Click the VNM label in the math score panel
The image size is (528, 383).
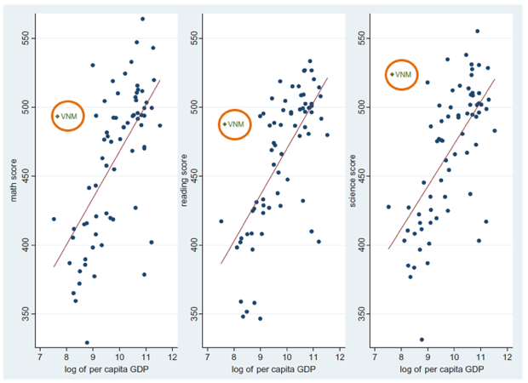(x=70, y=116)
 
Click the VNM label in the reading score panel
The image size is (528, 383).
(x=236, y=124)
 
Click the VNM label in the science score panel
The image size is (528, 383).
(x=404, y=74)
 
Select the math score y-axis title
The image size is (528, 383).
(x=13, y=182)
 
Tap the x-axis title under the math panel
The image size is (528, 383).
(x=105, y=369)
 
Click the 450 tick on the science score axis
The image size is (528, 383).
(x=359, y=176)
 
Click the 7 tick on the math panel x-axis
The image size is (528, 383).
(x=39, y=356)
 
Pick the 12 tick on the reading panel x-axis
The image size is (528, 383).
(x=339, y=356)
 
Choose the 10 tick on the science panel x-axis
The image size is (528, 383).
(x=455, y=356)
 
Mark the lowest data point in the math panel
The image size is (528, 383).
(x=87, y=342)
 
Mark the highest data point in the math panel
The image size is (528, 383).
(x=142, y=19)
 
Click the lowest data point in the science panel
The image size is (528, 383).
(x=422, y=340)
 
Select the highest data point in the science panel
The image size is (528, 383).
(x=478, y=31)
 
